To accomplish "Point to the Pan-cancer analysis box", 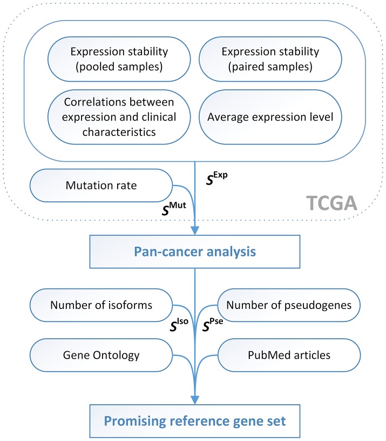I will [x=194, y=251].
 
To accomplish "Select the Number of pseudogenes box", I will [x=288, y=305].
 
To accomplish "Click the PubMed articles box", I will [x=288, y=356].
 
